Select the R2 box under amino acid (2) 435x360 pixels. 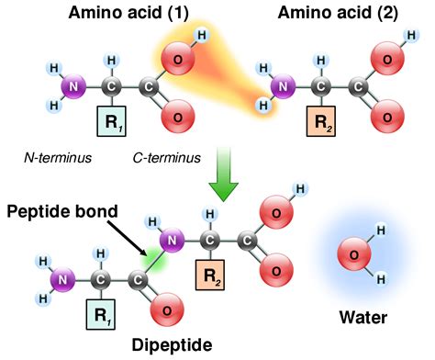point(320,119)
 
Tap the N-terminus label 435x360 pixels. point(59,158)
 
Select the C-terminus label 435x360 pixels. point(168,158)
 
